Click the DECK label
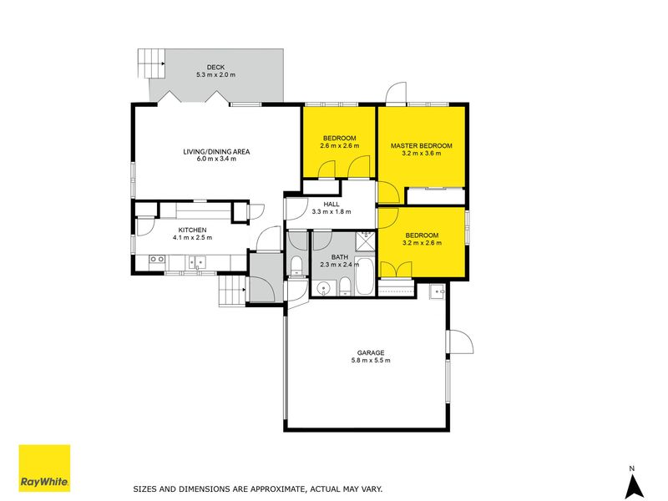click(x=215, y=68)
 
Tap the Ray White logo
click(x=44, y=468)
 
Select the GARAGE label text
click(x=371, y=352)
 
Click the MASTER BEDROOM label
click(x=422, y=145)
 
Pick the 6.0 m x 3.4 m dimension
click(x=216, y=159)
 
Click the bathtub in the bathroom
click(x=364, y=276)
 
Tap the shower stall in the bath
click(x=365, y=241)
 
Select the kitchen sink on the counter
click(x=197, y=262)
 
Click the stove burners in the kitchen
click(x=157, y=259)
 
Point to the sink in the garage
click(x=437, y=291)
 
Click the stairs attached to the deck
click(x=151, y=63)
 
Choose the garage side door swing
click(x=460, y=342)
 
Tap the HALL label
click(x=331, y=205)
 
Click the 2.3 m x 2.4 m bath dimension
click(x=340, y=265)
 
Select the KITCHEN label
click(x=193, y=230)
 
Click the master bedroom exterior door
click(x=396, y=93)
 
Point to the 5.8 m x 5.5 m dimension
click(x=371, y=361)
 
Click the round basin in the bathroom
click(x=324, y=288)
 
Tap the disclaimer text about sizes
click(x=258, y=489)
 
